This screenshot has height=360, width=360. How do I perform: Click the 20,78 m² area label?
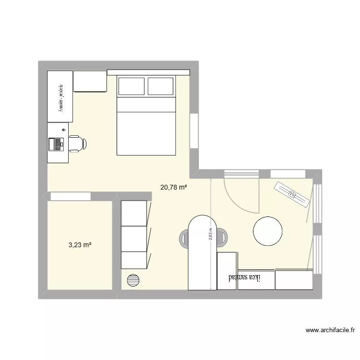pos(173,188)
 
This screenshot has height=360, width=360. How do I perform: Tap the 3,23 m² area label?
pos(80,245)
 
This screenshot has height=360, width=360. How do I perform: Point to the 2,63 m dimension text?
pos(210,236)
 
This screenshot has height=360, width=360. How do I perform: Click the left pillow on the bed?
pos(131,86)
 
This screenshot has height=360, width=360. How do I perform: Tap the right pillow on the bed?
pos(160,86)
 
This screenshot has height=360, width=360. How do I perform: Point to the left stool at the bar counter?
pos(184,237)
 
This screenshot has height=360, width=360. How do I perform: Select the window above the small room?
pos(71,196)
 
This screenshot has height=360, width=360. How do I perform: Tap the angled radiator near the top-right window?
pos(292,194)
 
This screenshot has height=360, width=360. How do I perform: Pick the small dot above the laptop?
pos(64,130)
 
